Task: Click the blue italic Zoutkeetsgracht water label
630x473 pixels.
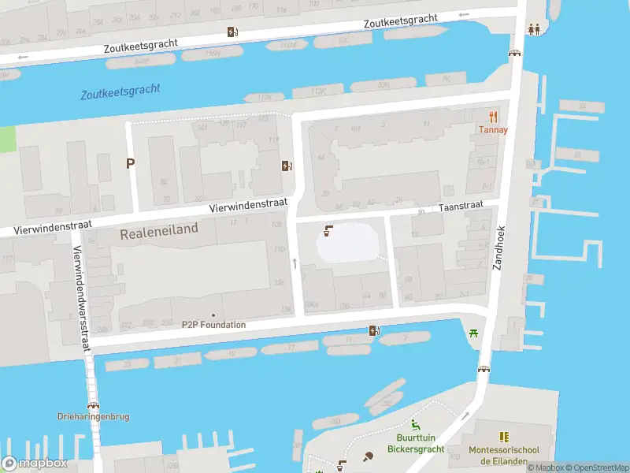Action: [120, 91]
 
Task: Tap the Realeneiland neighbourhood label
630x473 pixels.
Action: [158, 234]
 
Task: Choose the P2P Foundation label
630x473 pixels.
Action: [213, 324]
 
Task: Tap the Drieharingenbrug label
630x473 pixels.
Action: [93, 416]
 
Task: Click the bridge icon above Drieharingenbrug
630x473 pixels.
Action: [93, 404]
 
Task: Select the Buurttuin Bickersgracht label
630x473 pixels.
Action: [415, 444]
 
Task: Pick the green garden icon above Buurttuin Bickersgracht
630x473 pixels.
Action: [415, 426]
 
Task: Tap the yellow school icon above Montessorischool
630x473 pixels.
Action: [504, 436]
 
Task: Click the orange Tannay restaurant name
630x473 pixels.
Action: [494, 130]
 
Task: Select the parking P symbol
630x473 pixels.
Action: [130, 163]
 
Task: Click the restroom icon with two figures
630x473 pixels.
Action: [535, 29]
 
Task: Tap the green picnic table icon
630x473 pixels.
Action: [474, 333]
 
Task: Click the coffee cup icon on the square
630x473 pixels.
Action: [328, 231]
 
